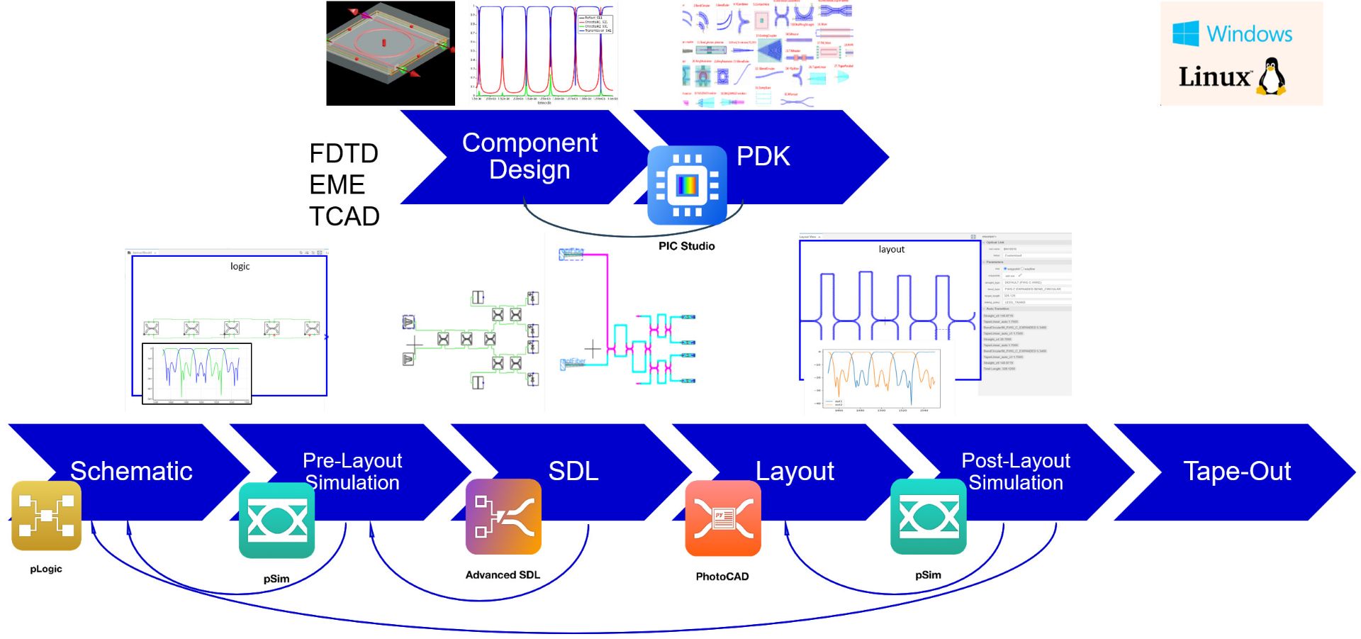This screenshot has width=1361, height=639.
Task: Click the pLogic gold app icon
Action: coord(47,516)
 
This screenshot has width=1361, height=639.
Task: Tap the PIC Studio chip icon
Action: coord(687,185)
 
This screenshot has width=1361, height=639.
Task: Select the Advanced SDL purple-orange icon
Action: coord(503,516)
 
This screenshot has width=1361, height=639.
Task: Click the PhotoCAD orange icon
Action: coord(723,518)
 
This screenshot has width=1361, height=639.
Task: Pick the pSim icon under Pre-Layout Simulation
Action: coord(276,521)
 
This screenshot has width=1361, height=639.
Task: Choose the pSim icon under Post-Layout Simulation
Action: coord(928,516)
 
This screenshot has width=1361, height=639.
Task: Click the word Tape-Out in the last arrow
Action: coord(1237,471)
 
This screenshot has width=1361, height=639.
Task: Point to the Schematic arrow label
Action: coord(131,471)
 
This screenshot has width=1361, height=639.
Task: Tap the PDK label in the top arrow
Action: coord(763,156)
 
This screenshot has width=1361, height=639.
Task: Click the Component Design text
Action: coord(530,156)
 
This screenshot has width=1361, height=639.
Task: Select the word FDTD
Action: coord(344,153)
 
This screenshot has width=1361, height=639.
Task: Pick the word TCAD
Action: coord(345,216)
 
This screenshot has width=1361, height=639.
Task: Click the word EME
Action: coord(337,184)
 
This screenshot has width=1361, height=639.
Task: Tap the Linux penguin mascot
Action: coord(1272,77)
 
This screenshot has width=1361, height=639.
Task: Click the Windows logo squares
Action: coord(1185,33)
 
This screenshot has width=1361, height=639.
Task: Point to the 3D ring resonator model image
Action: coord(391,53)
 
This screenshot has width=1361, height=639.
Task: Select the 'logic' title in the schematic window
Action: coord(240,266)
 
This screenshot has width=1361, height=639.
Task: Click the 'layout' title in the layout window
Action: coord(891,249)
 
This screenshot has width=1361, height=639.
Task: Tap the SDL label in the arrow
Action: coord(573,471)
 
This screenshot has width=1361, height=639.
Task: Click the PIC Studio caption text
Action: coord(686,246)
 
